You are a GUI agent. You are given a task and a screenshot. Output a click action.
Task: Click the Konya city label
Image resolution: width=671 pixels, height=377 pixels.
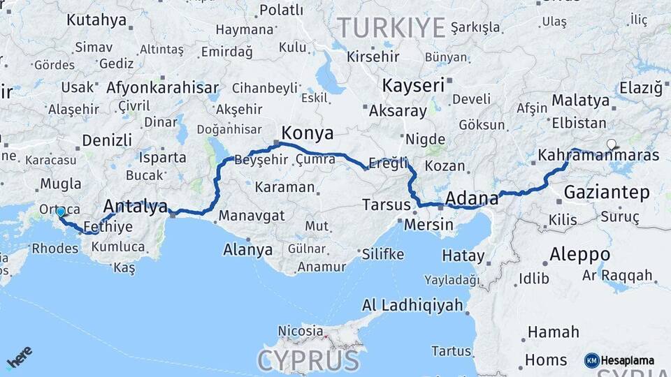[307, 133]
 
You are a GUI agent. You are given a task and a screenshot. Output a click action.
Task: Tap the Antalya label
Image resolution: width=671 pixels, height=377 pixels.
[136, 206]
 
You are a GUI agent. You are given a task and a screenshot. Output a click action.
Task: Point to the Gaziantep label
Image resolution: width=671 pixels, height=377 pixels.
[606, 191]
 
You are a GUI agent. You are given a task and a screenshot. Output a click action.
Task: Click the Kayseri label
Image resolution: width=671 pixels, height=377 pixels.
[414, 86]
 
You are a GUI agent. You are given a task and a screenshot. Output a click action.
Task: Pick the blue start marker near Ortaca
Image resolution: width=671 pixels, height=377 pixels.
[60, 212]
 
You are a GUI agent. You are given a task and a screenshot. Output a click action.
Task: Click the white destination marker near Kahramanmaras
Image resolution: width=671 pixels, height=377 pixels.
[612, 145]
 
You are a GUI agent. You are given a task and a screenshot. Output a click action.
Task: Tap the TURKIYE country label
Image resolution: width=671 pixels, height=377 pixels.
[391, 28]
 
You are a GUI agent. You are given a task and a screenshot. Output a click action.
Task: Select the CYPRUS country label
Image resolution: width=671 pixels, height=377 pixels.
[308, 361]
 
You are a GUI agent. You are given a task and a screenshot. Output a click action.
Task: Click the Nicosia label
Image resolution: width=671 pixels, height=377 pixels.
[301, 330]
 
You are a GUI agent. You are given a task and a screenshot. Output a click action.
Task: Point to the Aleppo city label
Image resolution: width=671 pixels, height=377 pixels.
[579, 254]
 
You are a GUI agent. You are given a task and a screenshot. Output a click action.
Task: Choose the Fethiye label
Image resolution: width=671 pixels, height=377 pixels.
[108, 227]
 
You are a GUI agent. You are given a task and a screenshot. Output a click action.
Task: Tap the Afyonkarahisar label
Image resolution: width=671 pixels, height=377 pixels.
[162, 89]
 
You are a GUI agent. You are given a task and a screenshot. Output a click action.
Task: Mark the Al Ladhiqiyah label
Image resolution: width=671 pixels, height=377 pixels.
[412, 305]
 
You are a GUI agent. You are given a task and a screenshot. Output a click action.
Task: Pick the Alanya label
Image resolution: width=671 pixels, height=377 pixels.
[247, 249]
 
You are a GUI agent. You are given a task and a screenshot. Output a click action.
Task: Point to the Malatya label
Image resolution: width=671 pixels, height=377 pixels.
[580, 101]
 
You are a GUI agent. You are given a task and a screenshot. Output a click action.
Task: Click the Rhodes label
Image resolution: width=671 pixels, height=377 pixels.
[55, 247]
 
